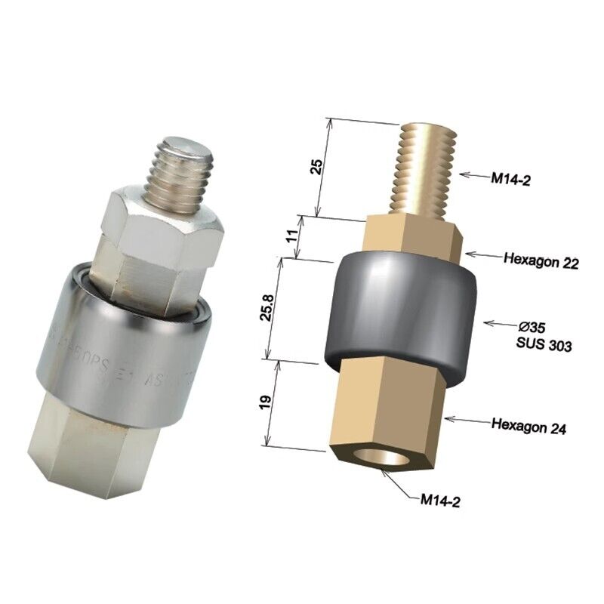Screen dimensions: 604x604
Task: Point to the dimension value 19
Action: [264, 403]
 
